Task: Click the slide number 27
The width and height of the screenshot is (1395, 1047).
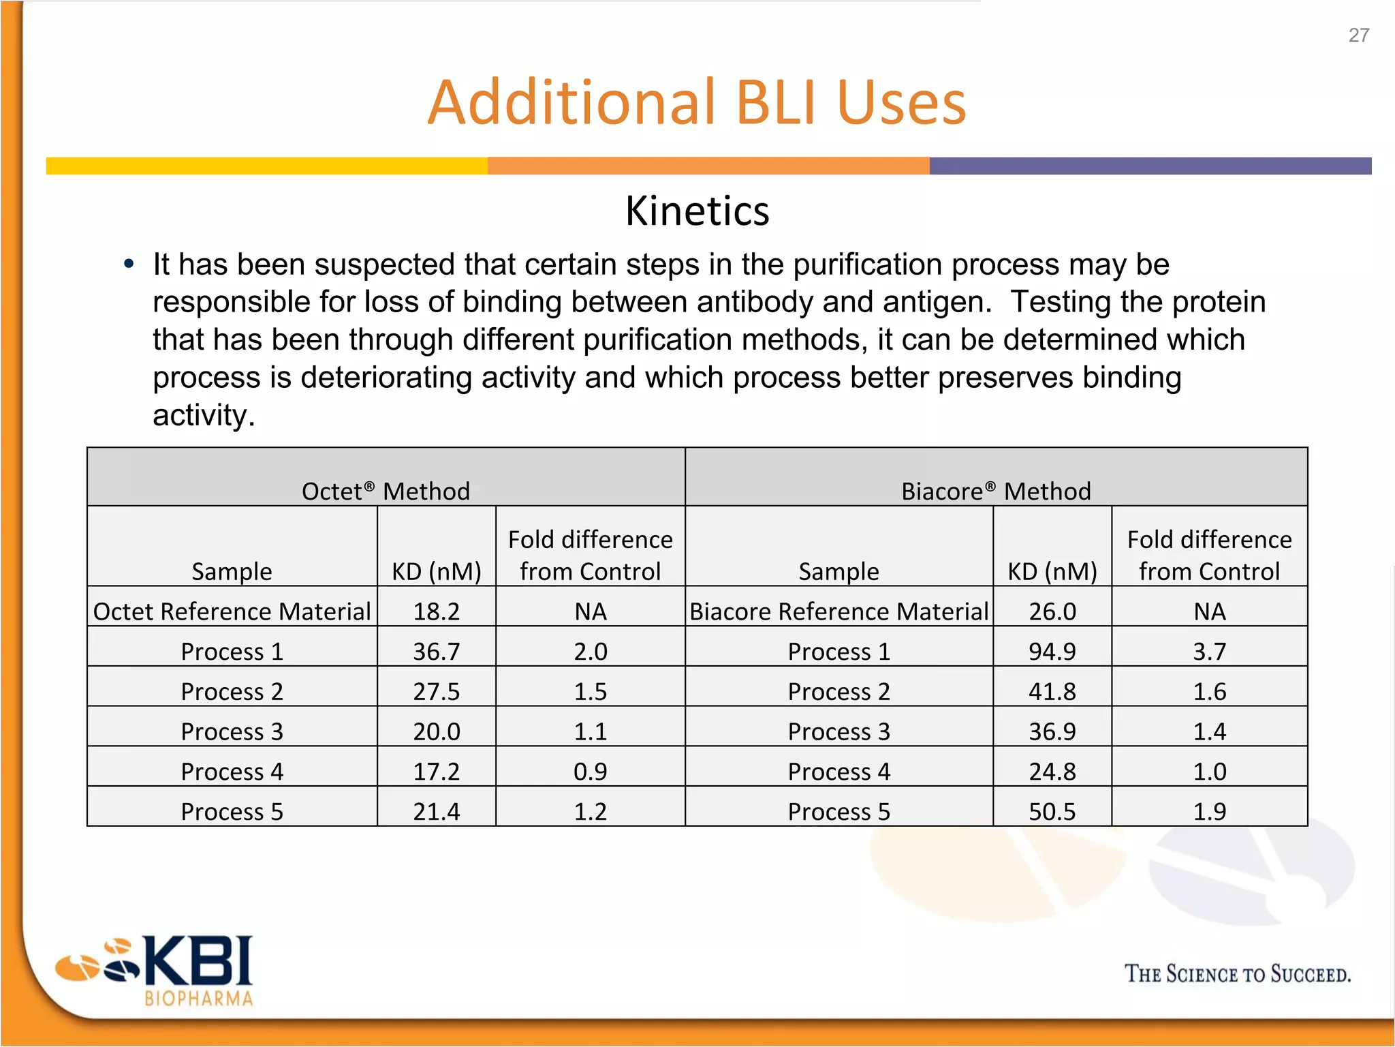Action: click(x=1358, y=35)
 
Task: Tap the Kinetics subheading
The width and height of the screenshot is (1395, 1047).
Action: click(x=697, y=211)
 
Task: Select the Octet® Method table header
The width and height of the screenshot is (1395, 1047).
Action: click(x=386, y=491)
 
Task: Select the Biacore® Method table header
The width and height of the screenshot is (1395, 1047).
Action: click(x=996, y=491)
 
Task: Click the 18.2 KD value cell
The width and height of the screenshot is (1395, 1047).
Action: click(x=437, y=611)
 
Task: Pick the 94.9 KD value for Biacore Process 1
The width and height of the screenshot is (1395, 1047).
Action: click(x=1052, y=651)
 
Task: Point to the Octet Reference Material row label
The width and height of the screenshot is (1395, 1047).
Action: click(x=232, y=611)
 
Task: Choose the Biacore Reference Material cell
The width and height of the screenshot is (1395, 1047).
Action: click(x=838, y=611)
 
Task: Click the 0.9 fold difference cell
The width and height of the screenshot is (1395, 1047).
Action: click(x=590, y=771)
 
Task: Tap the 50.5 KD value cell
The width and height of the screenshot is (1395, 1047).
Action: click(x=1052, y=811)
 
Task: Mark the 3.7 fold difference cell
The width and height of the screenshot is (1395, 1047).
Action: click(x=1209, y=651)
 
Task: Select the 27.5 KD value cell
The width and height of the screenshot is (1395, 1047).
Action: click(x=437, y=691)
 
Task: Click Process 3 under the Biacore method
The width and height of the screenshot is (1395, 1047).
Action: click(x=838, y=731)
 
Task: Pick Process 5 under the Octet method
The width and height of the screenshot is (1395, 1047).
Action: click(x=232, y=811)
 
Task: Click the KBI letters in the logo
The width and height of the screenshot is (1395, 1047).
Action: click(x=198, y=961)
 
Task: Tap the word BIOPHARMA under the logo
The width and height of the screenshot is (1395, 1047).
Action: click(x=198, y=999)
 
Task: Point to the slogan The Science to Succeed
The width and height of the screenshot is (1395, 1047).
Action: click(x=1237, y=973)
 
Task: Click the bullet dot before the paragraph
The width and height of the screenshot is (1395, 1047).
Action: click(x=129, y=264)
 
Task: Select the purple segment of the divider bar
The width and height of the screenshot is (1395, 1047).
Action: click(x=1150, y=166)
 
